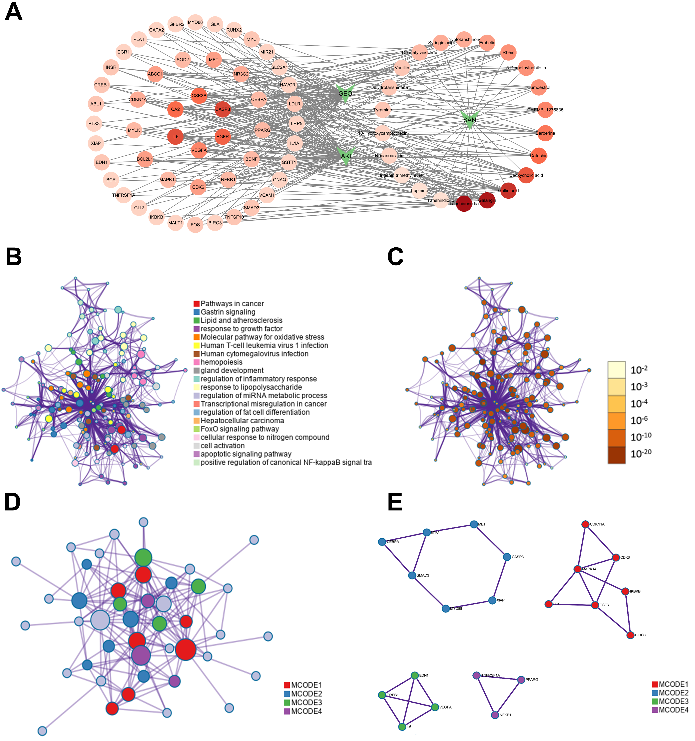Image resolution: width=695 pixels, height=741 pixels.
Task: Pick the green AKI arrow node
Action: [346, 156]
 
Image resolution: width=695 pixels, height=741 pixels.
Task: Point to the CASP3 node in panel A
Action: [223, 109]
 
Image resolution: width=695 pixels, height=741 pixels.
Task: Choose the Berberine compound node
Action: [545, 133]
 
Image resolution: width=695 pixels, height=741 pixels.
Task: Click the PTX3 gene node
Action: [94, 123]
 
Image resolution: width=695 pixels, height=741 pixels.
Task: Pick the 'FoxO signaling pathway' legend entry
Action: [239, 429]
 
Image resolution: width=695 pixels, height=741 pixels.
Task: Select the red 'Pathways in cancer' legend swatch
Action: [196, 304]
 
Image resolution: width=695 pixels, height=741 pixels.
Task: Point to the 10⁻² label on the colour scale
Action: [639, 370]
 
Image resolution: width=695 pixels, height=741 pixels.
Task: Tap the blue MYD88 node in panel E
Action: [446, 609]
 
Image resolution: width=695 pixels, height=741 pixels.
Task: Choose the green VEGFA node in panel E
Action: [435, 707]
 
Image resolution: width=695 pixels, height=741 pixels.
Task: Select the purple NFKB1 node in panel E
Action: [495, 715]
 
